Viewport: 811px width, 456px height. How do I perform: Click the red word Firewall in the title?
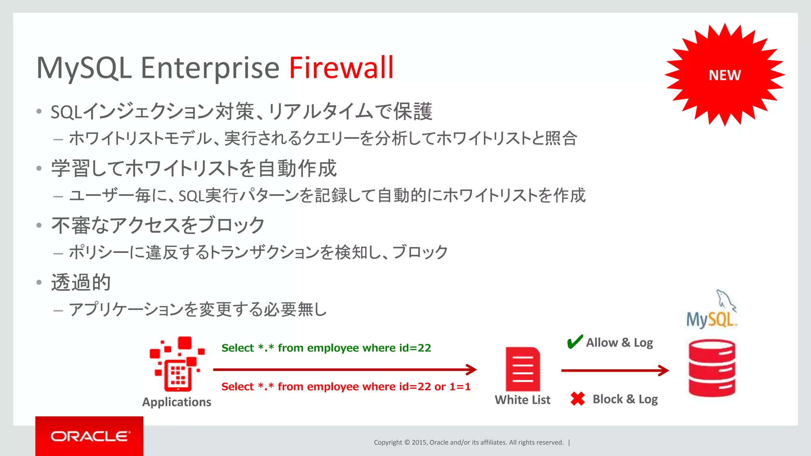pyautogui.click(x=341, y=68)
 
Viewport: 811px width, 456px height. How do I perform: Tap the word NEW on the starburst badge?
pyautogui.click(x=725, y=75)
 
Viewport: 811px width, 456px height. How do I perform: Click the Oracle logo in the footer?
pyautogui.click(x=89, y=436)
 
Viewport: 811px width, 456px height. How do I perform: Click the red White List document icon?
pyautogui.click(x=523, y=369)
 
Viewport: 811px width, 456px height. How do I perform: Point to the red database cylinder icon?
pyautogui.click(x=712, y=368)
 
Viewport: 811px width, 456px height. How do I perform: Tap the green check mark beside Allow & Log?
pyautogui.click(x=575, y=342)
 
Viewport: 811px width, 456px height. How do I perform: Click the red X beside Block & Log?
pyautogui.click(x=578, y=399)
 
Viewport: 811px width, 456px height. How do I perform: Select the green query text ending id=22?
pyautogui.click(x=326, y=348)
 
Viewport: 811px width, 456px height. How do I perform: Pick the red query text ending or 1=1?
pyautogui.click(x=346, y=387)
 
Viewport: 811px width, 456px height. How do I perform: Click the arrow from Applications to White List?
pyautogui.click(x=345, y=370)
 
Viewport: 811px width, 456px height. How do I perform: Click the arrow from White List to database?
pyautogui.click(x=615, y=370)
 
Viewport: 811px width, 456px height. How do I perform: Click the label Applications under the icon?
pyautogui.click(x=177, y=402)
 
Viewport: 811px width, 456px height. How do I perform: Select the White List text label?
pyautogui.click(x=522, y=400)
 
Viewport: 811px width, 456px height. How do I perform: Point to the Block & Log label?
pyautogui.click(x=625, y=399)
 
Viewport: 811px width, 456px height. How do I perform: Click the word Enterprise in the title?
pyautogui.click(x=210, y=68)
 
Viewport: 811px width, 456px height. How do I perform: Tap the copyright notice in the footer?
pyautogui.click(x=468, y=443)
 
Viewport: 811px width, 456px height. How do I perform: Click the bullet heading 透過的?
pyautogui.click(x=81, y=282)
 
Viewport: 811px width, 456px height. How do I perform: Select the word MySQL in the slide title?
pyautogui.click(x=84, y=68)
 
